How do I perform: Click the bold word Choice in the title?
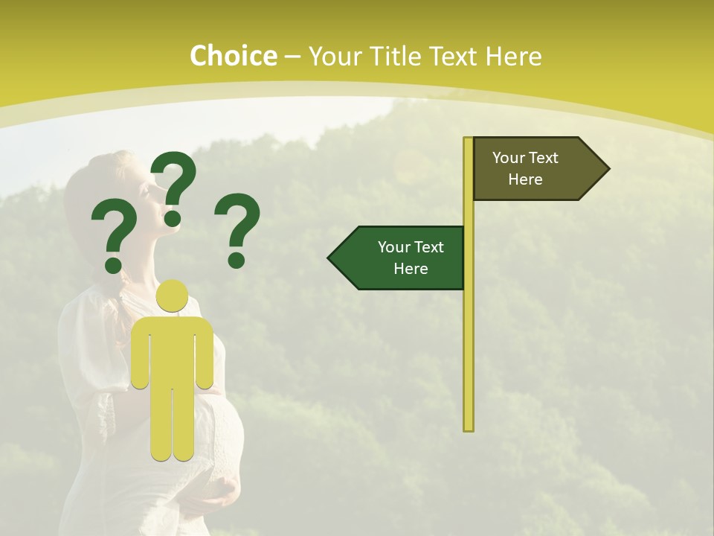tap(233, 56)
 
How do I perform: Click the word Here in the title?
tap(514, 56)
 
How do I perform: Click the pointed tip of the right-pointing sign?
tap(608, 169)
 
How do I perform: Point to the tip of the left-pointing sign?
tap(330, 258)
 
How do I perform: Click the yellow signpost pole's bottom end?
tap(469, 427)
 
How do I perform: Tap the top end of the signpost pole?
tap(469, 140)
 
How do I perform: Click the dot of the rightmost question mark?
tap(237, 260)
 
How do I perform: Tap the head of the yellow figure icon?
tap(173, 296)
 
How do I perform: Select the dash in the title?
tap(292, 57)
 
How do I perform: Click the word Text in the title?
tap(453, 56)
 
